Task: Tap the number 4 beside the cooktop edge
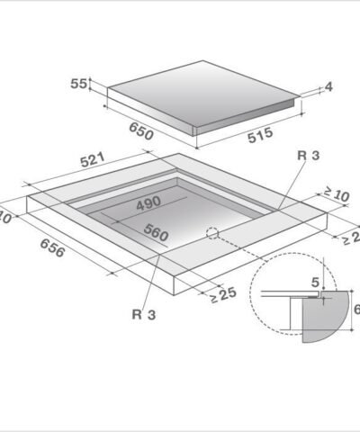point(328,86)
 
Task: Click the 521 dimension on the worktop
point(94,161)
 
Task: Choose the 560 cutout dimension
point(155,234)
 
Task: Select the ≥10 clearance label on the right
point(336,193)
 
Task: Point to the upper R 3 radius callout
point(307,156)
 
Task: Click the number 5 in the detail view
point(314,283)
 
